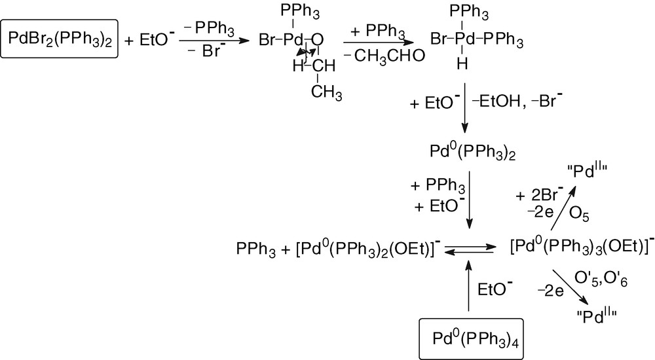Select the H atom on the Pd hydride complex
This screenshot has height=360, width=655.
[463, 63]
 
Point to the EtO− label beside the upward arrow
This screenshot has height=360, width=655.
[495, 289]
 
